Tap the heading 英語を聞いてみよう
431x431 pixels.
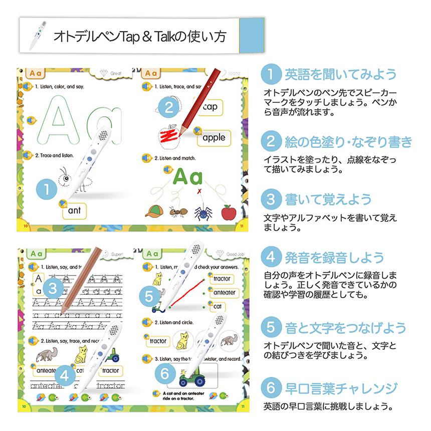pyautogui.click(x=340, y=75)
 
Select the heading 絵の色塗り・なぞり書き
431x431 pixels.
pyautogui.click(x=348, y=142)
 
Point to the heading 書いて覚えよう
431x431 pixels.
pyautogui.click(x=328, y=199)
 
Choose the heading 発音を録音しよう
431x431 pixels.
pyautogui.click(x=335, y=258)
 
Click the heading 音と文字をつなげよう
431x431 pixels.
pyautogui.click(x=345, y=328)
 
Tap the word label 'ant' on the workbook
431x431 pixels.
pyautogui.click(x=75, y=211)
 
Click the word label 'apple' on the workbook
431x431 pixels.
pyautogui.click(x=214, y=137)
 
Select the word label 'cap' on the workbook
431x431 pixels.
pyautogui.click(x=210, y=107)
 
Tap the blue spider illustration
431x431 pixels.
pyautogui.click(x=200, y=213)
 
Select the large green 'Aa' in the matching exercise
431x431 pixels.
pyautogui.click(x=188, y=178)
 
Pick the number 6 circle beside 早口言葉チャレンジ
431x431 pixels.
pyautogui.click(x=271, y=388)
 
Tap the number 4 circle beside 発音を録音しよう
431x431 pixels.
pyautogui.click(x=271, y=258)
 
